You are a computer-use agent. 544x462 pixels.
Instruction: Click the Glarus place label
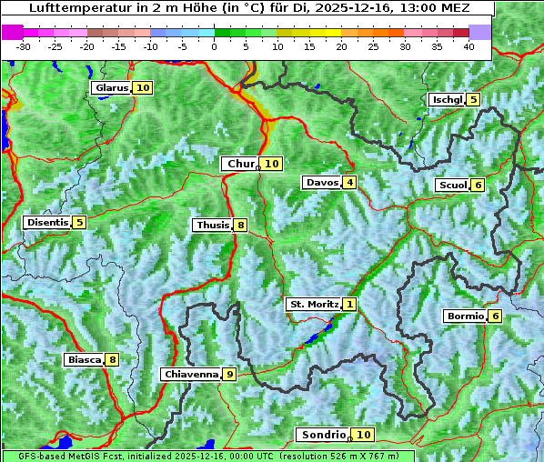(110, 88)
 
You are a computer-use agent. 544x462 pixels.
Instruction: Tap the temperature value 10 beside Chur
(273, 164)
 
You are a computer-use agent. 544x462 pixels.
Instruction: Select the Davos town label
(322, 183)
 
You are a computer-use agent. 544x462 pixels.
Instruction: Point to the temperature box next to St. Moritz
(350, 305)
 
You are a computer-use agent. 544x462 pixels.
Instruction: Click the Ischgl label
(447, 100)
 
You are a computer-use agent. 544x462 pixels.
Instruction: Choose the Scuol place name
(452, 186)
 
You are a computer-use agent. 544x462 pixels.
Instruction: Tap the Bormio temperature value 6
(494, 316)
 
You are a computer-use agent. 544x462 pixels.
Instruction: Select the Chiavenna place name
(190, 374)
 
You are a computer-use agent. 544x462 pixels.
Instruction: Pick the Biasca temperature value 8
(111, 360)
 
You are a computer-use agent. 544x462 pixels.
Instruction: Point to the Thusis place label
(212, 226)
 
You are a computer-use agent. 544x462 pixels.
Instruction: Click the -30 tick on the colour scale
(24, 46)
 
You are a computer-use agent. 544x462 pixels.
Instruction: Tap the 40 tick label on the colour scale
(468, 46)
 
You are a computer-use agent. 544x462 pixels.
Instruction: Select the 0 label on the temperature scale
(215, 46)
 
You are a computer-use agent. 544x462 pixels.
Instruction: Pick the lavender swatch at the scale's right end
(480, 32)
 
